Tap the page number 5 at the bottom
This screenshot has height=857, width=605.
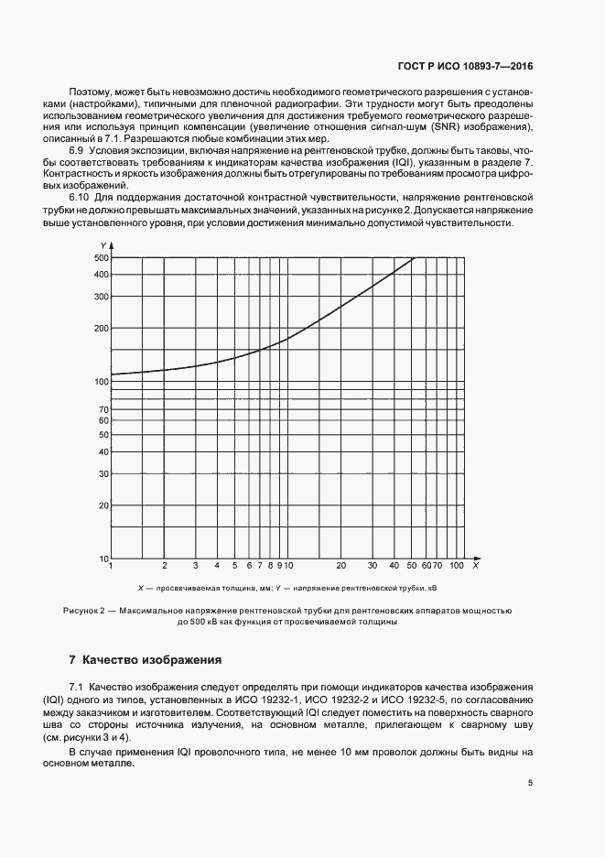[x=530, y=782]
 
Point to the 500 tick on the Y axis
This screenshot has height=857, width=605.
[x=101, y=257]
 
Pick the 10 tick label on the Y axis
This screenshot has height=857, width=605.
[x=103, y=559]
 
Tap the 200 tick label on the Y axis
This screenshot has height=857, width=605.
[x=101, y=328]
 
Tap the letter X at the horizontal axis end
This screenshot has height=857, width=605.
[x=476, y=559]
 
